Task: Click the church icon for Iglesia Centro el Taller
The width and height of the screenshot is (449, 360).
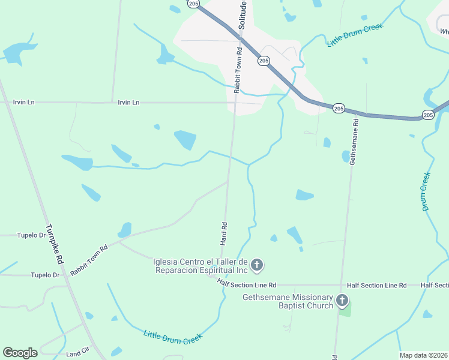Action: tap(257, 265)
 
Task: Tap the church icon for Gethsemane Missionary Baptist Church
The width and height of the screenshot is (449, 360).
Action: tap(342, 301)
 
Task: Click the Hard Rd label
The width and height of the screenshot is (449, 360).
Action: tap(224, 233)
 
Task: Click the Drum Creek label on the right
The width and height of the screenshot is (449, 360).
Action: tap(426, 191)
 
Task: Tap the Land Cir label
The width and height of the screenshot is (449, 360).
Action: tap(77, 354)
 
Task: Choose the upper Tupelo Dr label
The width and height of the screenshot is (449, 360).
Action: tap(31, 235)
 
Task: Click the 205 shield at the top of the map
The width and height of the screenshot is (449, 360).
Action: tap(193, 4)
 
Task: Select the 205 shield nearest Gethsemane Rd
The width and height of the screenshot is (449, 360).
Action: tap(339, 108)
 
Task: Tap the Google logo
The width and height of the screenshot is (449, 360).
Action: tap(20, 353)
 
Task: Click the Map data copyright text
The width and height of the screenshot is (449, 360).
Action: tap(423, 355)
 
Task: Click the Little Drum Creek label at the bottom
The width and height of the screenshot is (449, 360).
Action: tap(173, 337)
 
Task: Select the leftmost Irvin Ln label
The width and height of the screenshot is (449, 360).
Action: tap(23, 103)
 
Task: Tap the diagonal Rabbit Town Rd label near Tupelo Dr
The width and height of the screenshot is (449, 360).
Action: tap(89, 259)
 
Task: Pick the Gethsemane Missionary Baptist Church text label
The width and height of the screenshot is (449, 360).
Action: tap(288, 301)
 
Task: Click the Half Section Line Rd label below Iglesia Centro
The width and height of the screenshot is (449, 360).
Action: tap(247, 285)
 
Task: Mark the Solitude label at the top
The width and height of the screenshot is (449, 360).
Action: tap(243, 15)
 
